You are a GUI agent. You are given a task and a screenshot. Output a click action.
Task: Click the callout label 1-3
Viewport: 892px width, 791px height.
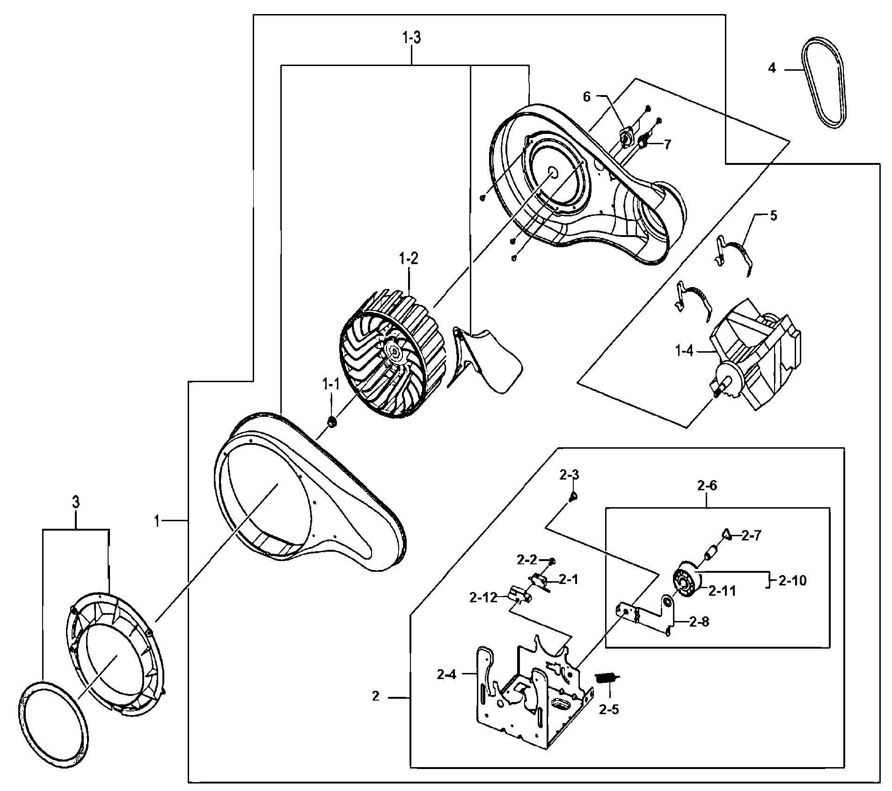point(411,38)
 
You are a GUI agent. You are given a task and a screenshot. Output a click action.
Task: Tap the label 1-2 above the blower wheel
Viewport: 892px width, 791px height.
point(408,258)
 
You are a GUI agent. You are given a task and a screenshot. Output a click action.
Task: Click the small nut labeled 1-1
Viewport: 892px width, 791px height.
point(332,422)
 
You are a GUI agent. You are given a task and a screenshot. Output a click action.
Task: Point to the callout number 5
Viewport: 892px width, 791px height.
point(773,216)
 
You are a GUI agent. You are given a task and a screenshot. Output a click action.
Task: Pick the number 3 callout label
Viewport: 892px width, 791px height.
point(75,503)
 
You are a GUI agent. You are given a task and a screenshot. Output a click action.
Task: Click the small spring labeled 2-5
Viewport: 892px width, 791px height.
point(607,677)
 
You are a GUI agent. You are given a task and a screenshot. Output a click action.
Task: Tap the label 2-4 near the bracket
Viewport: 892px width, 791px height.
point(446,674)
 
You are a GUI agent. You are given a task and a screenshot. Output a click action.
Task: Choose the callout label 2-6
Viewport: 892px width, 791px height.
point(707,485)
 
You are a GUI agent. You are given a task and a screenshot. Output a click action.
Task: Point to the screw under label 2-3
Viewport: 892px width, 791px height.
point(573,496)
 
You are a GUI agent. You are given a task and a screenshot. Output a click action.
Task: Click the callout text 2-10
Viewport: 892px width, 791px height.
point(793,581)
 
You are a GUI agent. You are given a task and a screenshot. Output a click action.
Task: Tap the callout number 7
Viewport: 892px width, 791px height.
point(666,144)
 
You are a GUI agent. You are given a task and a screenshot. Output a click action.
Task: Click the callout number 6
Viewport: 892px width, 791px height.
point(586,96)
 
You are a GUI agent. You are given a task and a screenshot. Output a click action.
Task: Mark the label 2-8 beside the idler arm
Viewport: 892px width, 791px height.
point(699,622)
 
